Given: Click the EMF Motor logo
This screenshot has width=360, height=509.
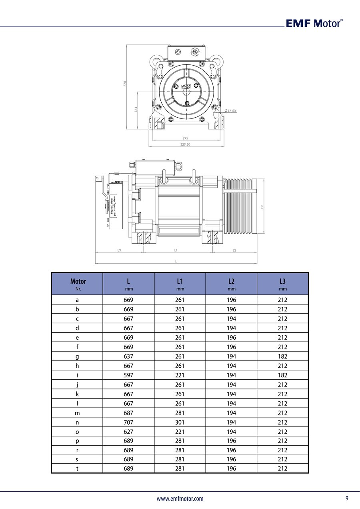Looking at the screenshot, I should tap(314, 23).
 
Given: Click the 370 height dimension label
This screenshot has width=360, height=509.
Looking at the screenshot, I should tap(125, 84).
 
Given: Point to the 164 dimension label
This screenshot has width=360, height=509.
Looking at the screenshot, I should tap(136, 108).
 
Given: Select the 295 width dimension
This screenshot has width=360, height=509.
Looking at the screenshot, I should tap(185, 138).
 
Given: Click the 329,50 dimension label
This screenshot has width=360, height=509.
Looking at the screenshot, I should tap(185, 144).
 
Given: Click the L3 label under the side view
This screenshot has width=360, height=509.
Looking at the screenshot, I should tap(119, 250).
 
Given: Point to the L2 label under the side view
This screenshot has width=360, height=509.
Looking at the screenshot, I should tap(234, 250).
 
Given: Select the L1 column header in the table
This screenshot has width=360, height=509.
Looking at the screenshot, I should tap(180, 284).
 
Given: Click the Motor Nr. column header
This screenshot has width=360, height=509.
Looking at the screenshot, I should tap(78, 284).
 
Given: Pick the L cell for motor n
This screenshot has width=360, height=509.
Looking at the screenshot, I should tap(128, 422).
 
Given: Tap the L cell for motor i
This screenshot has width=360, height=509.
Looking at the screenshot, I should tap(128, 375).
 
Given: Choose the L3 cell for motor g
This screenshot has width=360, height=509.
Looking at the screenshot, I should tap(282, 356).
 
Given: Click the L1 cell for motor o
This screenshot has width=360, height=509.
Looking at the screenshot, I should tap(180, 432).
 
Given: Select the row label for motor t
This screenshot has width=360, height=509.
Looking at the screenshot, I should tap(77, 469).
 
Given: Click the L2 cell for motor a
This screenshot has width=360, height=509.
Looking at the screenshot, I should tap(231, 300).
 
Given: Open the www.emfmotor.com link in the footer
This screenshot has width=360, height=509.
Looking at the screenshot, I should tap(180, 499).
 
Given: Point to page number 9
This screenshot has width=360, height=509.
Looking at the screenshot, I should tap(347, 498).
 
